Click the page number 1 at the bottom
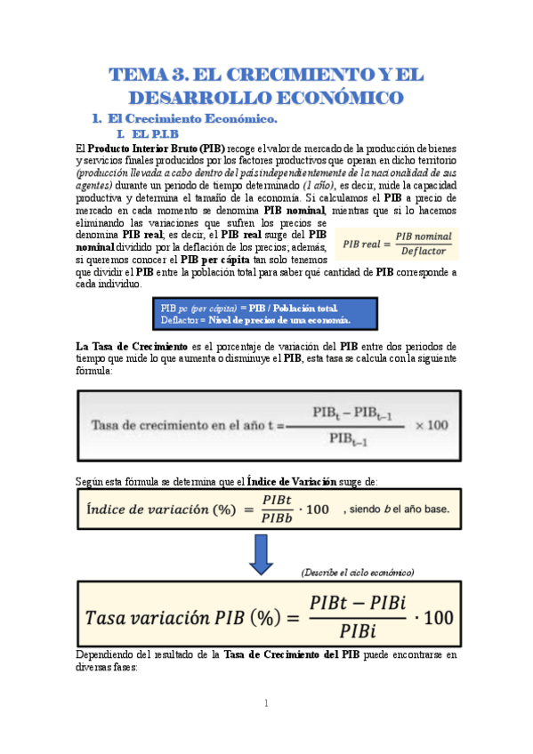(265, 703)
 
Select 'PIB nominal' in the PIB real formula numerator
(423, 236)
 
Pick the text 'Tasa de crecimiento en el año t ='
(187, 426)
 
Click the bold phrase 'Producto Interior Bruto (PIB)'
(157, 147)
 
